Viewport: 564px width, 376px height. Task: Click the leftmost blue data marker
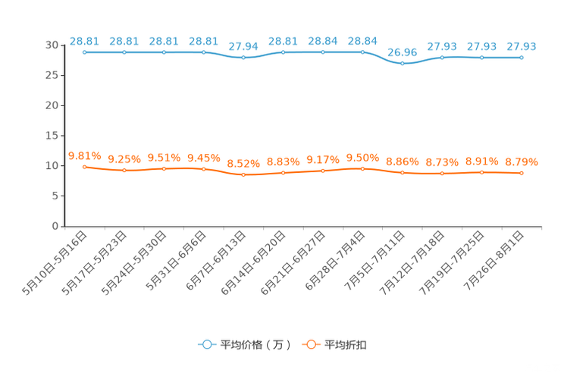point(84,52)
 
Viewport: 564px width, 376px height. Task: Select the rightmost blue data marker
point(522,58)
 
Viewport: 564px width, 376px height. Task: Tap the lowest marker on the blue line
point(402,64)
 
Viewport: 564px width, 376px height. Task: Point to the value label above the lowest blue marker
point(402,52)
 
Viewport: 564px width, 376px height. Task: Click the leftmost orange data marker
point(84,167)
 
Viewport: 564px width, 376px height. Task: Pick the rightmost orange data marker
point(522,173)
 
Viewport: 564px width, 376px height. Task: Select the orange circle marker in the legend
point(310,345)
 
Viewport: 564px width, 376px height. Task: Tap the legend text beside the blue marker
point(255,345)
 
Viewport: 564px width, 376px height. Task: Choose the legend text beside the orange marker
point(346,345)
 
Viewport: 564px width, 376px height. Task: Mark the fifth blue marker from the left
point(243,58)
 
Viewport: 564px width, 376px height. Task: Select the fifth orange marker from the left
point(243,174)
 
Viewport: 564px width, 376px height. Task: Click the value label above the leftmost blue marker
point(84,40)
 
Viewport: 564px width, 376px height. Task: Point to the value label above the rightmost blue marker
point(522,46)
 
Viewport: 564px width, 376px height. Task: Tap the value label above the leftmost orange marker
point(84,155)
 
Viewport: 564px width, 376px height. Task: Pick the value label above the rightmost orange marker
point(522,161)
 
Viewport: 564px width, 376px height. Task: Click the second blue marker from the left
point(124,52)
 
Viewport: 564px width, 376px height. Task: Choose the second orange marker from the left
point(124,171)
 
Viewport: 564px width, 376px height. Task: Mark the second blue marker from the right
point(481,58)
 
